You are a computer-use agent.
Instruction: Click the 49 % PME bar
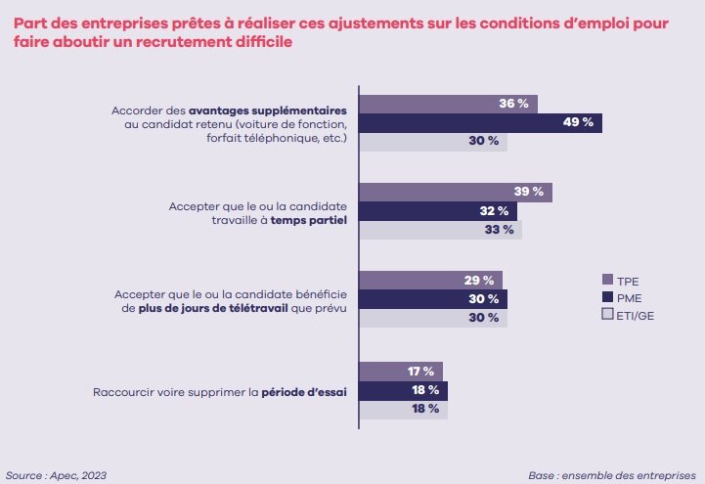(x=480, y=122)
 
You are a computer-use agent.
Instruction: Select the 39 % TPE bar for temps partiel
(x=456, y=192)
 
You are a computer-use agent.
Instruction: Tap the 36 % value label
(x=513, y=104)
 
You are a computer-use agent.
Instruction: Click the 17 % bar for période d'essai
(x=401, y=371)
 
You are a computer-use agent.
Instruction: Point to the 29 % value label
(x=478, y=281)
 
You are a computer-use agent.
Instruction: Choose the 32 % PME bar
(x=438, y=211)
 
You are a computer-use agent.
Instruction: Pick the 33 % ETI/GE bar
(x=441, y=230)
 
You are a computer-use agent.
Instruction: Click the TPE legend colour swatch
(x=606, y=279)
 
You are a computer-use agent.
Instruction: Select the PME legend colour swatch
(x=606, y=296)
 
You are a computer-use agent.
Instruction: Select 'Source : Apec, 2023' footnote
(x=57, y=474)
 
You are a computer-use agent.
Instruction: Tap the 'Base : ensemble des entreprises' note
(x=611, y=474)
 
